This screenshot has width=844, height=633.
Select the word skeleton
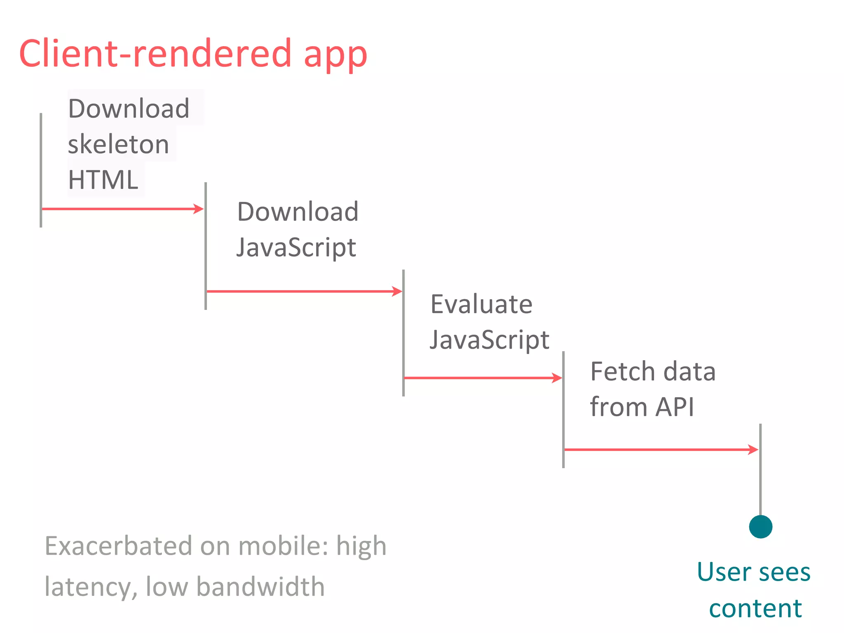tap(118, 144)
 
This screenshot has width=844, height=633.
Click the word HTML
tap(103, 180)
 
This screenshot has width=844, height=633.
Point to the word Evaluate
tap(481, 304)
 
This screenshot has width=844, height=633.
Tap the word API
tap(675, 407)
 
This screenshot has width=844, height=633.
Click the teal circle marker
tap(760, 527)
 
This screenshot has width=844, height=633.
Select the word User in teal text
tap(723, 572)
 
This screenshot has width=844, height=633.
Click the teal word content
tap(755, 608)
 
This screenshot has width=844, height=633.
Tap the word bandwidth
tap(260, 586)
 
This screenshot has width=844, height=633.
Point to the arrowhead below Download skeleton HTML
tap(199, 209)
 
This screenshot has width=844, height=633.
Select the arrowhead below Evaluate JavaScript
tap(557, 378)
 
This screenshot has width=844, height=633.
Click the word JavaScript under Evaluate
tap(489, 340)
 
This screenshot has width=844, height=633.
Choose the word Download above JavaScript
tap(298, 212)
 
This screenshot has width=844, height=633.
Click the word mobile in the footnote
tap(283, 546)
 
